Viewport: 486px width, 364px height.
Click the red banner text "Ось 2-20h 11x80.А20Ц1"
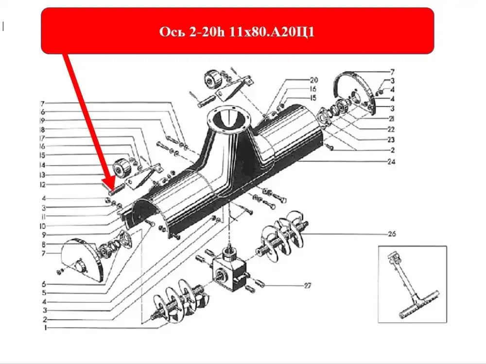coord(237,32)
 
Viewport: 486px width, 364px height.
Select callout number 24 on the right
coord(391,162)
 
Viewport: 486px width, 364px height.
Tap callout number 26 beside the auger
coord(392,234)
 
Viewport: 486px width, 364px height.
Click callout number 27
coord(307,285)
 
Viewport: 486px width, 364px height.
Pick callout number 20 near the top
coord(313,80)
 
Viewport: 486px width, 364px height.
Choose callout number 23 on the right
coord(391,140)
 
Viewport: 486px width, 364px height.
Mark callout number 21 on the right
coord(391,119)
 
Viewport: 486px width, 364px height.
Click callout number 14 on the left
coord(42,165)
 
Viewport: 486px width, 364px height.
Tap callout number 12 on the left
coord(42,185)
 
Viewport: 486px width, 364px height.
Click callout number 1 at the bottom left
coord(46,328)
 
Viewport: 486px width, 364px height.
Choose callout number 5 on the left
coord(44,293)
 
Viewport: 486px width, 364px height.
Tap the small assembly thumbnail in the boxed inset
coord(413,285)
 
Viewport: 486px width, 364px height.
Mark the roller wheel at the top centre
coord(213,79)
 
